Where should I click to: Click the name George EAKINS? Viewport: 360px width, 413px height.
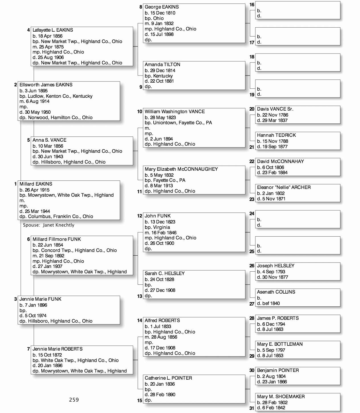click(x=162, y=7)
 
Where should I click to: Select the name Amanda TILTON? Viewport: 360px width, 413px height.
click(x=162, y=65)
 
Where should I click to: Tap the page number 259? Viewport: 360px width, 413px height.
click(x=74, y=400)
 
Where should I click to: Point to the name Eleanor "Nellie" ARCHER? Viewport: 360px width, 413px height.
click(x=284, y=187)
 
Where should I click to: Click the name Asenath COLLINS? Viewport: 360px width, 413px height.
click(x=276, y=292)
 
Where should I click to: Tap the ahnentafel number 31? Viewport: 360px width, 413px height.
click(x=252, y=408)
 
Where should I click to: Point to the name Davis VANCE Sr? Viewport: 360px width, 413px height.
click(x=275, y=109)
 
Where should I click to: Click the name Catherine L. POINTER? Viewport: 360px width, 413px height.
click(x=168, y=378)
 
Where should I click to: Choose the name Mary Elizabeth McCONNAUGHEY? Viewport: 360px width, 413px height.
click(x=181, y=169)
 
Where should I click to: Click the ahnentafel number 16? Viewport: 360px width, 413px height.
click(x=252, y=5)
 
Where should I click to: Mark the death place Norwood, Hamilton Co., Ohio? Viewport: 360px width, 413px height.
click(x=60, y=117)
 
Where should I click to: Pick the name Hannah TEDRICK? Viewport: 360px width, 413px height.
click(x=276, y=135)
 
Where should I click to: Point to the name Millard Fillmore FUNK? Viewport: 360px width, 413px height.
click(x=56, y=239)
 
